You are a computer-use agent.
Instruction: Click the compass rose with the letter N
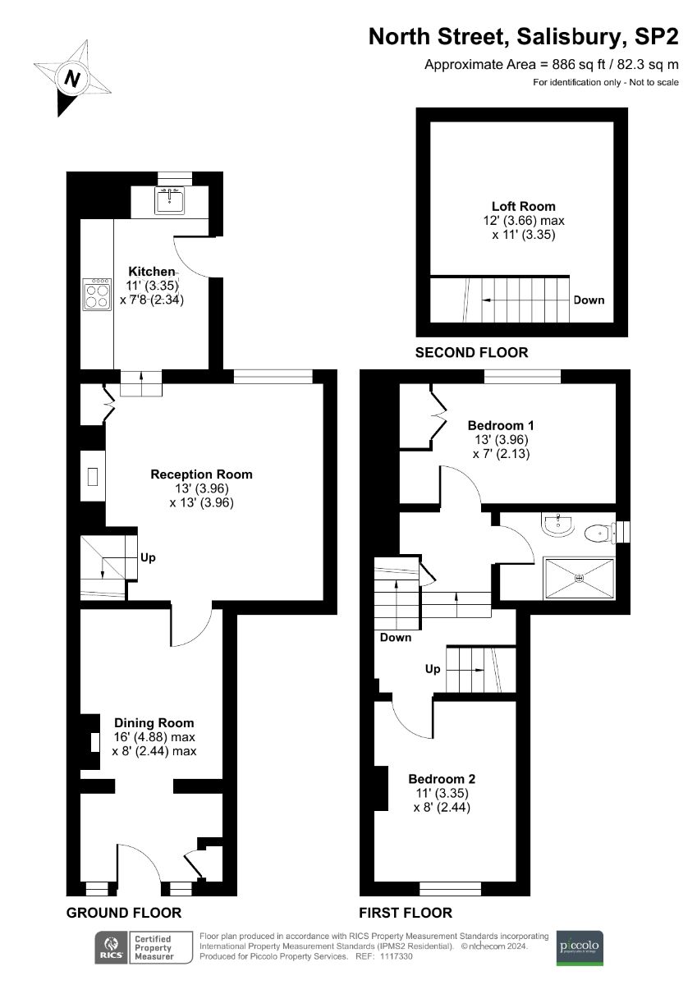[72, 78]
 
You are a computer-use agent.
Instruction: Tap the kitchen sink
[171, 200]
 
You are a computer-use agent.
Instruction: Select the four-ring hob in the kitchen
[97, 295]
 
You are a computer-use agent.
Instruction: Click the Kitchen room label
[151, 272]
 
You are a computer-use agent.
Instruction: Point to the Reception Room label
[201, 474]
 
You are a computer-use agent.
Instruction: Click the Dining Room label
[154, 723]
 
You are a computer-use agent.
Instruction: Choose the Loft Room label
[523, 207]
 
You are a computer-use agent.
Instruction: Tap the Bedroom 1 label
[501, 425]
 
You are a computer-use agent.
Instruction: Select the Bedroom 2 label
[442, 779]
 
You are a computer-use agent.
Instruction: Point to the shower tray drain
[580, 578]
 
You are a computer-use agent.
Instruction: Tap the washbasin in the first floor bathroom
[559, 525]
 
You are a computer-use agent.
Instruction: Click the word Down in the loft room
[589, 300]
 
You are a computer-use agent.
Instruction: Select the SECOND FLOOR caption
[471, 353]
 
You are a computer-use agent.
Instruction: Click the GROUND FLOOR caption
[123, 913]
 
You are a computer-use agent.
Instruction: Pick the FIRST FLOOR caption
[406, 913]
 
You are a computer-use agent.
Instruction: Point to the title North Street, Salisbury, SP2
[524, 37]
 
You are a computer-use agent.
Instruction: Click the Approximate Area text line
[551, 64]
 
